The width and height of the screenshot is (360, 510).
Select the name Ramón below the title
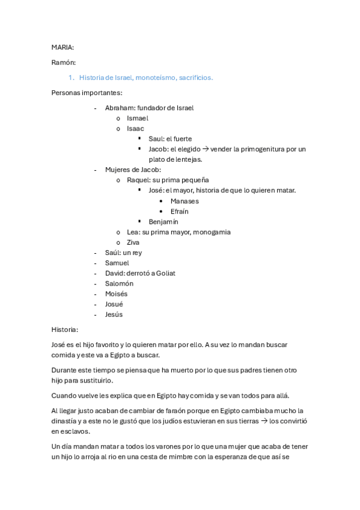click(63, 62)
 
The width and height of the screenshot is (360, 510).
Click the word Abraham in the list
click(120, 108)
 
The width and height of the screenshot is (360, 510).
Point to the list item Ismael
click(138, 118)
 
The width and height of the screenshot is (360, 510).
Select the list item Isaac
click(135, 129)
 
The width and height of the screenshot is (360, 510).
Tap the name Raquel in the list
click(139, 180)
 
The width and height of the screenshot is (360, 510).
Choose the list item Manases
click(185, 201)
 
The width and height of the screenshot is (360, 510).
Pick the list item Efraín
click(180, 211)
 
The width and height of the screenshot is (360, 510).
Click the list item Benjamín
click(163, 221)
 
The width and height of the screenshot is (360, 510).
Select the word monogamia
click(212, 232)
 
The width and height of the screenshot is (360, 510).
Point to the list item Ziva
click(133, 242)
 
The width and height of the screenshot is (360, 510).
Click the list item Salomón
click(119, 283)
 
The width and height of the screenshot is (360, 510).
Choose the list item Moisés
click(117, 293)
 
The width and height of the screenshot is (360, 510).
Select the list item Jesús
click(114, 314)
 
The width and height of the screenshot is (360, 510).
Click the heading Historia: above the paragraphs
click(65, 330)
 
